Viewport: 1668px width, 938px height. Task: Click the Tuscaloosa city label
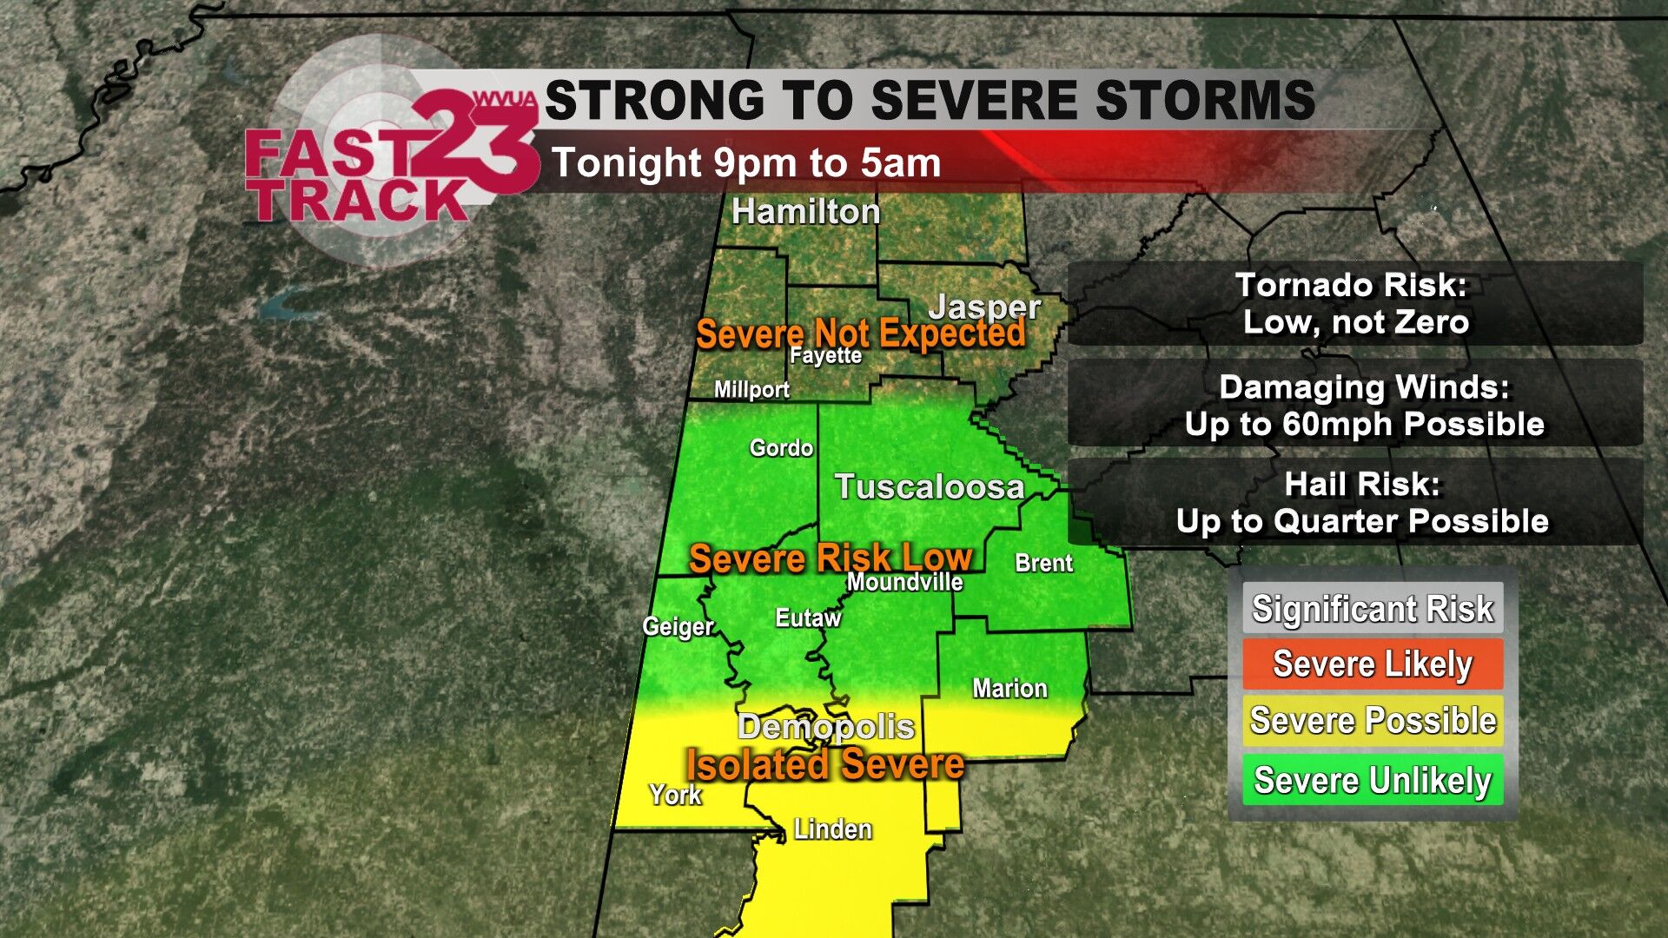pyautogui.click(x=929, y=487)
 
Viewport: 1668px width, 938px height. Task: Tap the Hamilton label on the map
pyautogui.click(x=805, y=212)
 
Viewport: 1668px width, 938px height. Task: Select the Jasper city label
pyautogui.click(x=984, y=306)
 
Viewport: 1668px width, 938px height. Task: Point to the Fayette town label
pyautogui.click(x=825, y=355)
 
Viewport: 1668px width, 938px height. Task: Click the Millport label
pyautogui.click(x=751, y=390)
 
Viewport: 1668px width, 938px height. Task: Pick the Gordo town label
pyautogui.click(x=781, y=448)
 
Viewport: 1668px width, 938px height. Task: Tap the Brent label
pyautogui.click(x=1043, y=563)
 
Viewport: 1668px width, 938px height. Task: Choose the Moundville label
pyautogui.click(x=904, y=582)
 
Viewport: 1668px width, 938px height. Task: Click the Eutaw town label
pyautogui.click(x=808, y=618)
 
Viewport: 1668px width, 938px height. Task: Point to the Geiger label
pyautogui.click(x=678, y=626)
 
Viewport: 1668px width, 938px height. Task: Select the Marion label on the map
pyautogui.click(x=1009, y=689)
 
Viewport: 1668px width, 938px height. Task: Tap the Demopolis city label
pyautogui.click(x=825, y=727)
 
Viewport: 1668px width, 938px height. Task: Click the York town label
pyautogui.click(x=675, y=795)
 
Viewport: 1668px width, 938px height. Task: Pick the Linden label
pyautogui.click(x=832, y=829)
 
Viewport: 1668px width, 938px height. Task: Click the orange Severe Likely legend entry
pyautogui.click(x=1373, y=664)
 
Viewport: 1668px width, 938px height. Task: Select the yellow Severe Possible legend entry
pyautogui.click(x=1373, y=721)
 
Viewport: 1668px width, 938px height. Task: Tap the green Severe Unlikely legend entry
pyautogui.click(x=1373, y=780)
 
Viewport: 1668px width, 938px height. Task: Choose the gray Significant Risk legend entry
pyautogui.click(x=1373, y=609)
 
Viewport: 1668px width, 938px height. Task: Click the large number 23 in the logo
pyautogui.click(x=473, y=143)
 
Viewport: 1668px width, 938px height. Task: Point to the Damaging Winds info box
pyautogui.click(x=1355, y=406)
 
